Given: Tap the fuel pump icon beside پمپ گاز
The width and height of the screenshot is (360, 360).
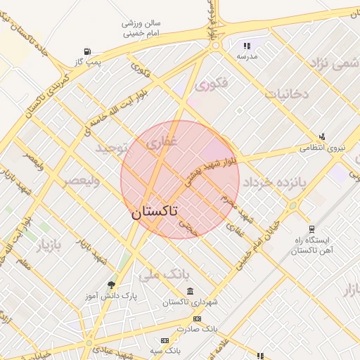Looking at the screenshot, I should click(87, 51).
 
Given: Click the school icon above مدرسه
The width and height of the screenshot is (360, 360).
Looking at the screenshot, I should click(247, 44).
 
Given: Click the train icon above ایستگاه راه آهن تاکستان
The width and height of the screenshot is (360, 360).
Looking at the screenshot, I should click(311, 229).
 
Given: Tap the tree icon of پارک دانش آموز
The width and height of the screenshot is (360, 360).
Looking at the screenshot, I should click(111, 284).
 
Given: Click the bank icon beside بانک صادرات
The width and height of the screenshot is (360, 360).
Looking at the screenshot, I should click(197, 318).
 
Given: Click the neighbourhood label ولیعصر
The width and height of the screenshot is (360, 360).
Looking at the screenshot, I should click(82, 181).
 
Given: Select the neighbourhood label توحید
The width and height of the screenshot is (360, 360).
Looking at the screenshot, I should click(114, 149).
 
